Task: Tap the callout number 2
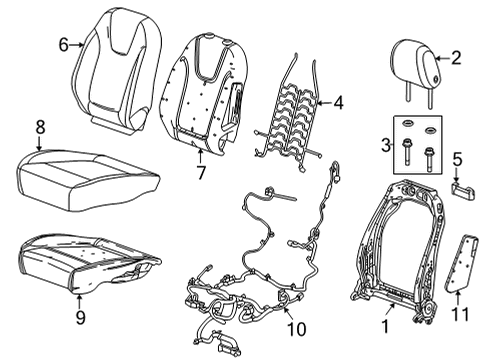456,58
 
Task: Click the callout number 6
63,44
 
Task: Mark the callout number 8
41,127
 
